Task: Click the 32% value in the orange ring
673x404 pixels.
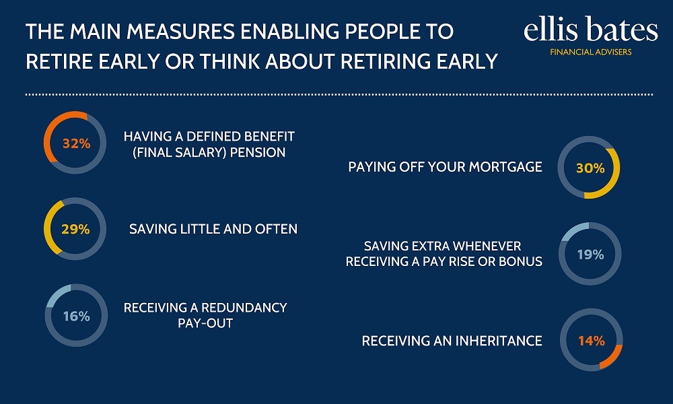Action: pos(77,143)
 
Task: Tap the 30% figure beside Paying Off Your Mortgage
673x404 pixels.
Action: pos(590,168)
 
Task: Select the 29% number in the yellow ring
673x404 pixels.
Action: pos(75,229)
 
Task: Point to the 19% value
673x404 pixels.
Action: pos(591,255)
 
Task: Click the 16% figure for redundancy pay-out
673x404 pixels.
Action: pos(77,316)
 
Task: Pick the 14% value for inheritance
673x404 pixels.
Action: pos(592,341)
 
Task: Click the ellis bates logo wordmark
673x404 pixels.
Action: pos(591,29)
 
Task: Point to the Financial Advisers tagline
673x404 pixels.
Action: pos(591,52)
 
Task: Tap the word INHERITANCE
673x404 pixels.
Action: pos(498,341)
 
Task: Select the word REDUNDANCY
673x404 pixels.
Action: pos(244,308)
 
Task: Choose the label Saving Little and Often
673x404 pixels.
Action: pos(213,229)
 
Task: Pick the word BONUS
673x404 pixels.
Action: pos(520,261)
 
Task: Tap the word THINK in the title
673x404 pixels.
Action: pos(229,61)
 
